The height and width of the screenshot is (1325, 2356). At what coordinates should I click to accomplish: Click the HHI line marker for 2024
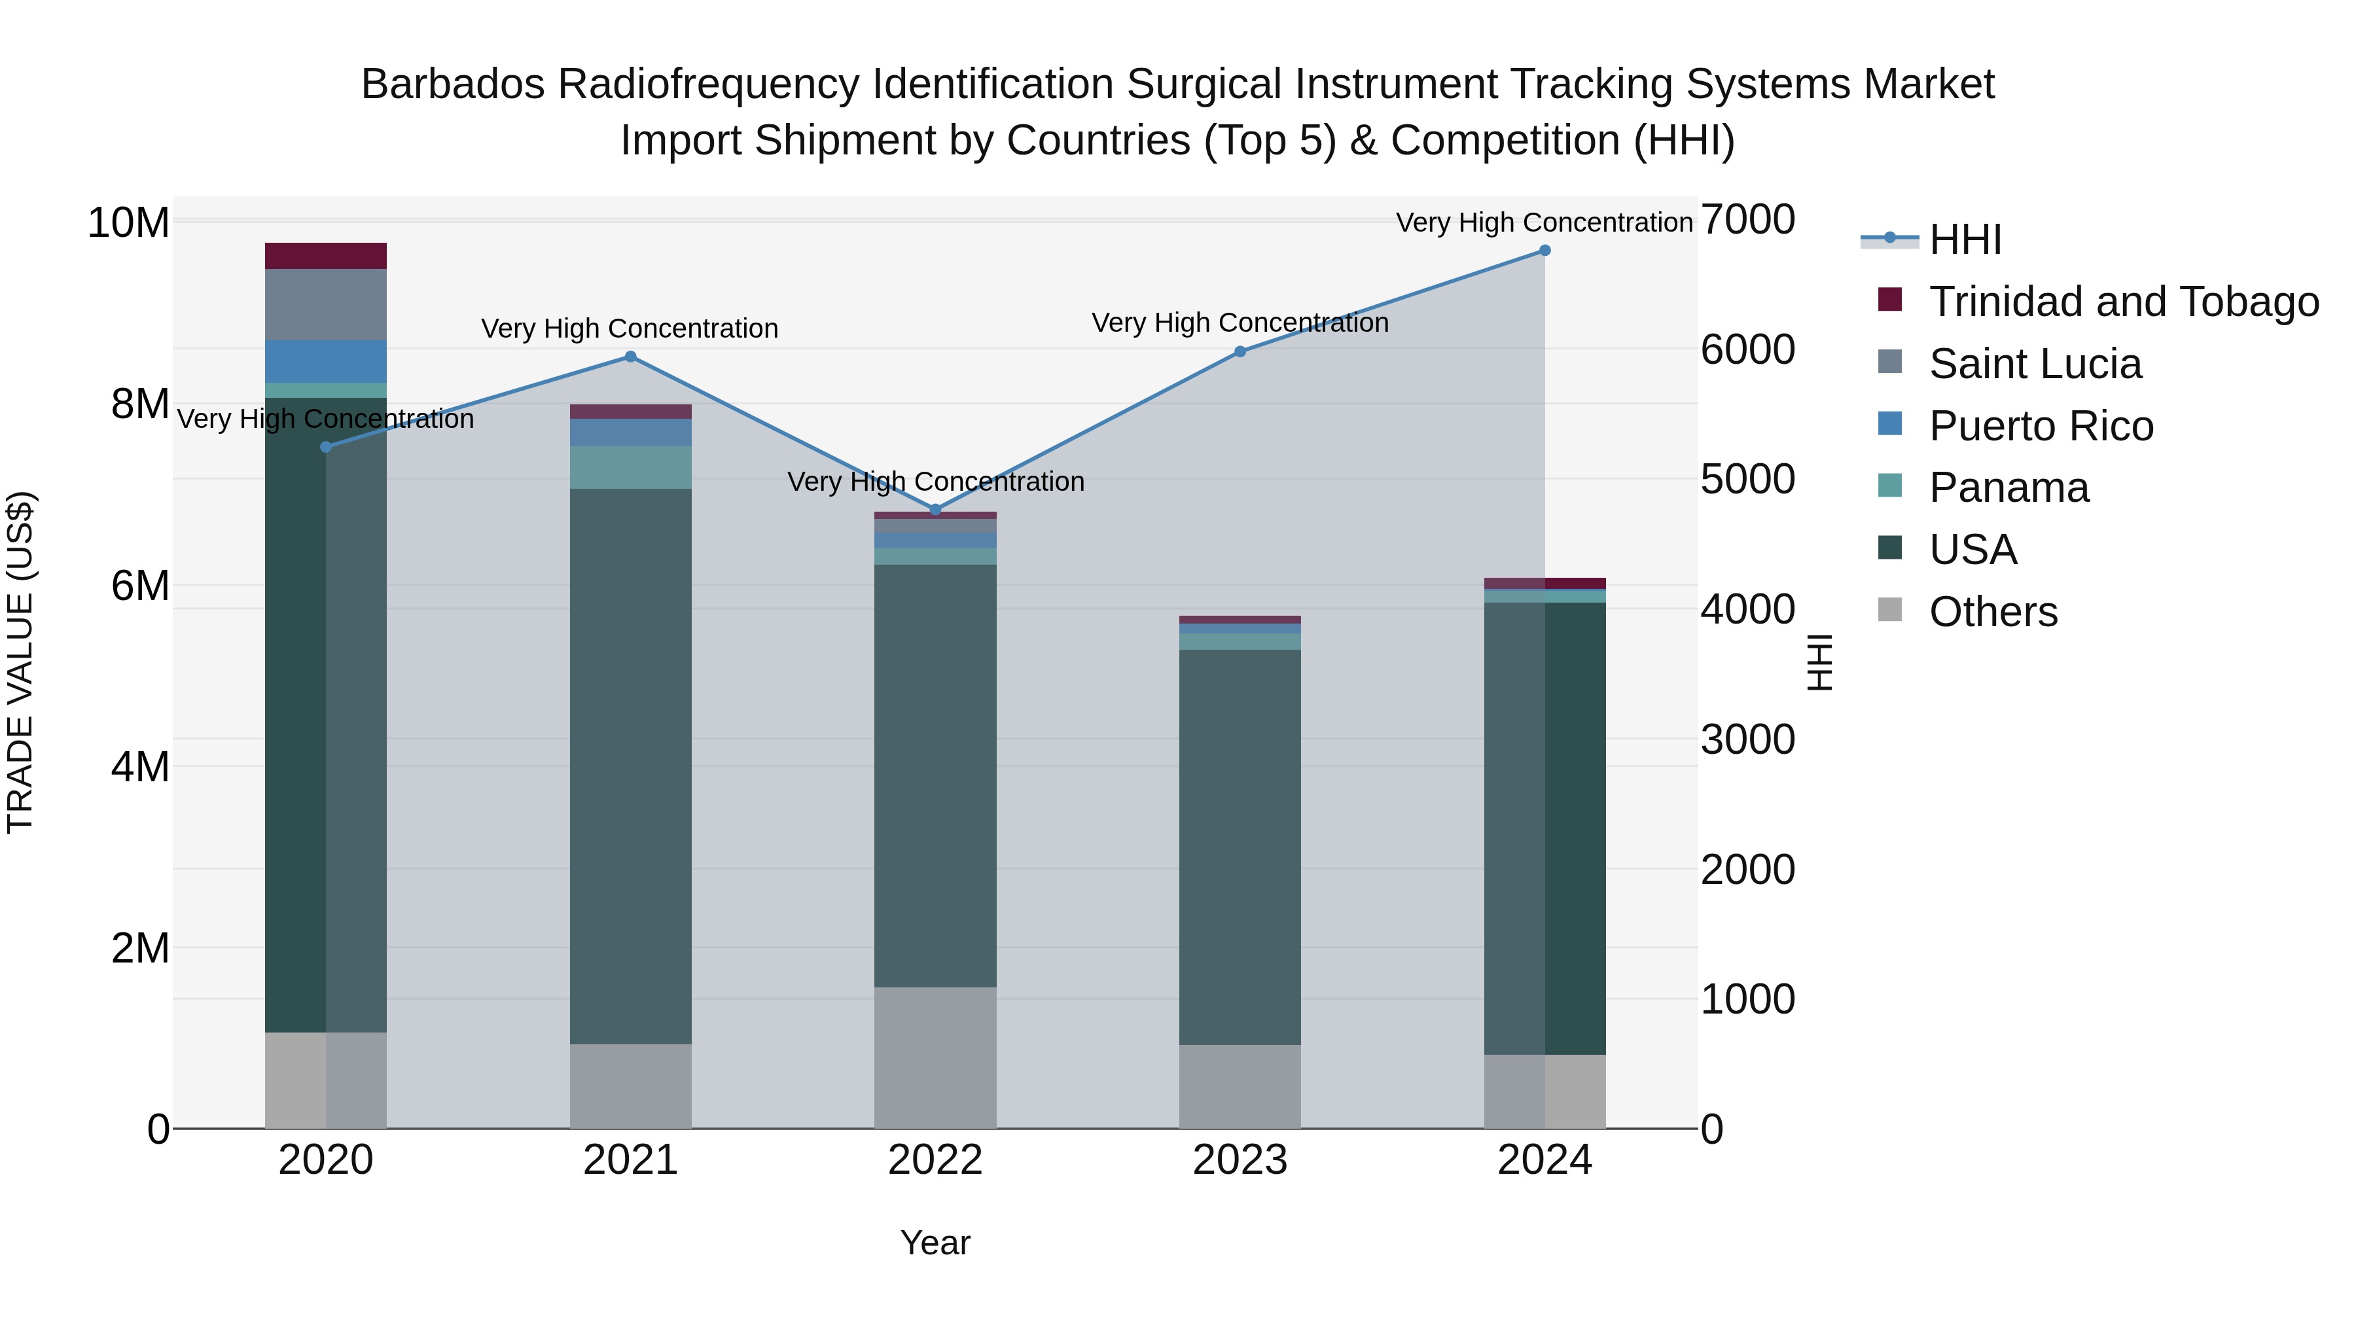1544,251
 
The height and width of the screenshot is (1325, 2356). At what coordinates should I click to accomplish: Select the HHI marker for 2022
935,509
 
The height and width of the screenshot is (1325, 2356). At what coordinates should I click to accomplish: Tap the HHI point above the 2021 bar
630,357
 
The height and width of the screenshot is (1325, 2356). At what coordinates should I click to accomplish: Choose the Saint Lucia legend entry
2034,364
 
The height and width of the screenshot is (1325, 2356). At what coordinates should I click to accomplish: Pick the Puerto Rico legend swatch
1889,424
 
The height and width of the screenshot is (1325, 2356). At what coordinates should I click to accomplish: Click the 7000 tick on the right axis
1747,221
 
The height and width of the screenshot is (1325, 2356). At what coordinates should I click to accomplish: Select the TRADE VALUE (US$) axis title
20,662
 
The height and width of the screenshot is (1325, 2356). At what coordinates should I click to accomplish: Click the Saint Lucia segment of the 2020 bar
326,304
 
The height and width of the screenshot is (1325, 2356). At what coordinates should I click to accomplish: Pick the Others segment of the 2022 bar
935,1057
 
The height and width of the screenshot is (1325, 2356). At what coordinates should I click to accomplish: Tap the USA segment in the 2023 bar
1240,847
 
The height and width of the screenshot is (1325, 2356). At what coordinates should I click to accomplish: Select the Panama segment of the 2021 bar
630,467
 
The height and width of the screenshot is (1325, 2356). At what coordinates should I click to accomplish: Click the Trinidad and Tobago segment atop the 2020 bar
326,256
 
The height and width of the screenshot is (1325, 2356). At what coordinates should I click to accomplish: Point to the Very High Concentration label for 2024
1544,223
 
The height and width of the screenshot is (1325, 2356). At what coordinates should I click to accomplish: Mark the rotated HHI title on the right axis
1820,662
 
